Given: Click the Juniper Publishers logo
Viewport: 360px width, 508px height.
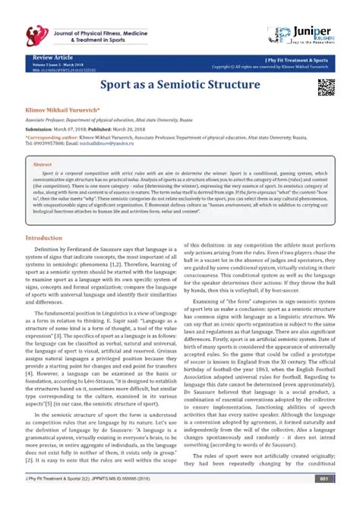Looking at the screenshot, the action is point(304,34).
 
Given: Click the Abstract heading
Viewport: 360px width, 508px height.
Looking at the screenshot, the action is point(43,165).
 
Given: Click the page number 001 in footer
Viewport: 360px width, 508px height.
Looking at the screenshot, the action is point(323,500).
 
